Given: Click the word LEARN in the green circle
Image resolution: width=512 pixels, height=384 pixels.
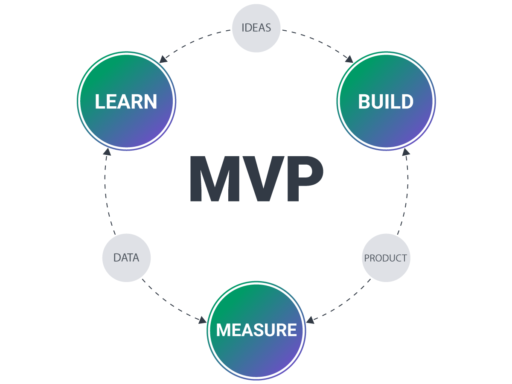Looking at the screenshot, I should click(126, 102).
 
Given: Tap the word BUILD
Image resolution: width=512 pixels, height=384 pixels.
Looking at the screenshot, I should click(386, 102).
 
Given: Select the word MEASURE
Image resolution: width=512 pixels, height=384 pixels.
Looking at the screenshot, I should click(256, 330).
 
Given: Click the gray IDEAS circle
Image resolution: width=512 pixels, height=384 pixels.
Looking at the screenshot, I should click(256, 28).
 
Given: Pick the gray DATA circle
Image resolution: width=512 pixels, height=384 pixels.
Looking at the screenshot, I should click(126, 258).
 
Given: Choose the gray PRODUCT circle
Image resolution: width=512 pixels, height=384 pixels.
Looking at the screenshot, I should click(386, 258).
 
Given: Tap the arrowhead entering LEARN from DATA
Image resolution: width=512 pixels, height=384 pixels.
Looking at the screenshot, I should click(107, 152).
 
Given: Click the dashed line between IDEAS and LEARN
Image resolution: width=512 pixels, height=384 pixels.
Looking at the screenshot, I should click(196, 41).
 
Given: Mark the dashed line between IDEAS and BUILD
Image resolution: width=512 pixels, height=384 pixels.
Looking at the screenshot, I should click(316, 41).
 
